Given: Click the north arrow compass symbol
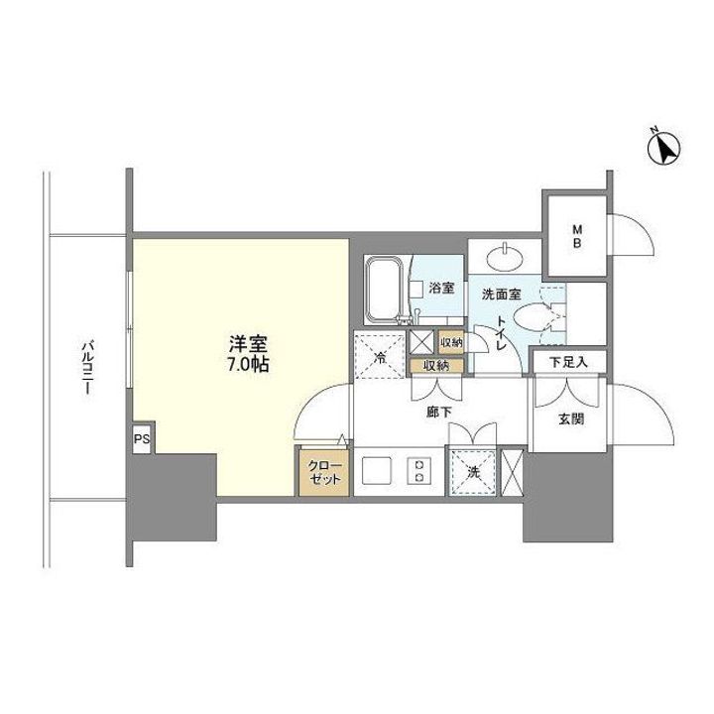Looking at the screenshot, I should coord(661,148).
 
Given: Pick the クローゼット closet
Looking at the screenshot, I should coord(323,473).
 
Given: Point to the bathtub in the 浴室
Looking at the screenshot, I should coord(384,290).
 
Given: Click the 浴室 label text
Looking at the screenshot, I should coord(441,289).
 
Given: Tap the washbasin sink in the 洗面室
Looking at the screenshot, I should coord(505,257).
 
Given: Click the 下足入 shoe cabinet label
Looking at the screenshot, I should coord(568,362).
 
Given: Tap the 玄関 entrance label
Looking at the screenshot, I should coord(570,418).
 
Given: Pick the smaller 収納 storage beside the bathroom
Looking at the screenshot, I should coord(450,342).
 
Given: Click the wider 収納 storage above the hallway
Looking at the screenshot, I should coord(436,365).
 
